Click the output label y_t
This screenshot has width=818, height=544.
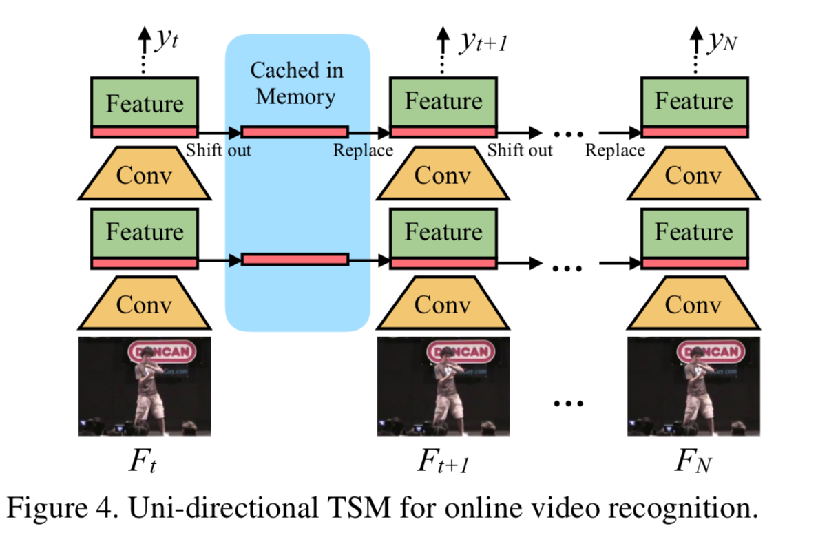point(166,42)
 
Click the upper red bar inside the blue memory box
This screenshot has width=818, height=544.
point(295,132)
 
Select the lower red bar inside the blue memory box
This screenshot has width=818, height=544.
point(295,260)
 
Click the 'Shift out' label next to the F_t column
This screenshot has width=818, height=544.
point(218,149)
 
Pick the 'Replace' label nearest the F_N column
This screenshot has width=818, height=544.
point(615,149)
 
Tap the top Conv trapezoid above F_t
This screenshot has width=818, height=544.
point(145,174)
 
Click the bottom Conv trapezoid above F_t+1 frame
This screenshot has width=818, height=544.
point(442,303)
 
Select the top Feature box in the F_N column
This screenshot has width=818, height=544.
point(693,102)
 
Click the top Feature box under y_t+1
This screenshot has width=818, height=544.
point(443,102)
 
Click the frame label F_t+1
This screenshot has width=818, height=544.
point(443,461)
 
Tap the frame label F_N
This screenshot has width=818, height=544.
point(693,461)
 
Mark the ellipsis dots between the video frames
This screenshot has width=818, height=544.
point(568,404)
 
